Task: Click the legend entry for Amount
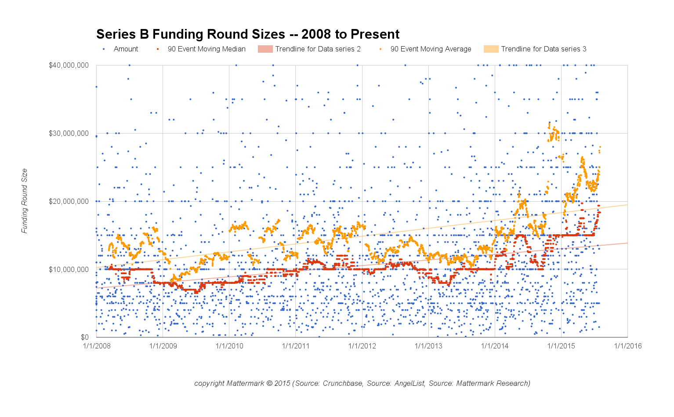pos(126,49)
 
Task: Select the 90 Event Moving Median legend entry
pos(207,49)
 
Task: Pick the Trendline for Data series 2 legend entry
pos(318,49)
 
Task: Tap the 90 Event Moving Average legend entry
pos(431,49)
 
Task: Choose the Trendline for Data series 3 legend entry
pos(544,49)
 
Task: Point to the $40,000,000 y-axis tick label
pos(69,65)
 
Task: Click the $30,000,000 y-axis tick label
pos(69,134)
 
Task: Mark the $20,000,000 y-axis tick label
pos(69,201)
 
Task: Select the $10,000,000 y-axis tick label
pos(69,269)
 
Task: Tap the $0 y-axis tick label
pos(84,337)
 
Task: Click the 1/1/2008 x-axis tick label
pos(97,346)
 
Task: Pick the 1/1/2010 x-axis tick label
pos(229,346)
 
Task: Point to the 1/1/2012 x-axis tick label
pos(362,346)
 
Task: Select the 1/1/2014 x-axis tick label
pos(495,346)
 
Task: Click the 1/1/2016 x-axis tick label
pos(627,346)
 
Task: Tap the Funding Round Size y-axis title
pos(25,201)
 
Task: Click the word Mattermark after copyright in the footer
pos(245,384)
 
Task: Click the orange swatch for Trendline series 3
pos(491,49)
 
